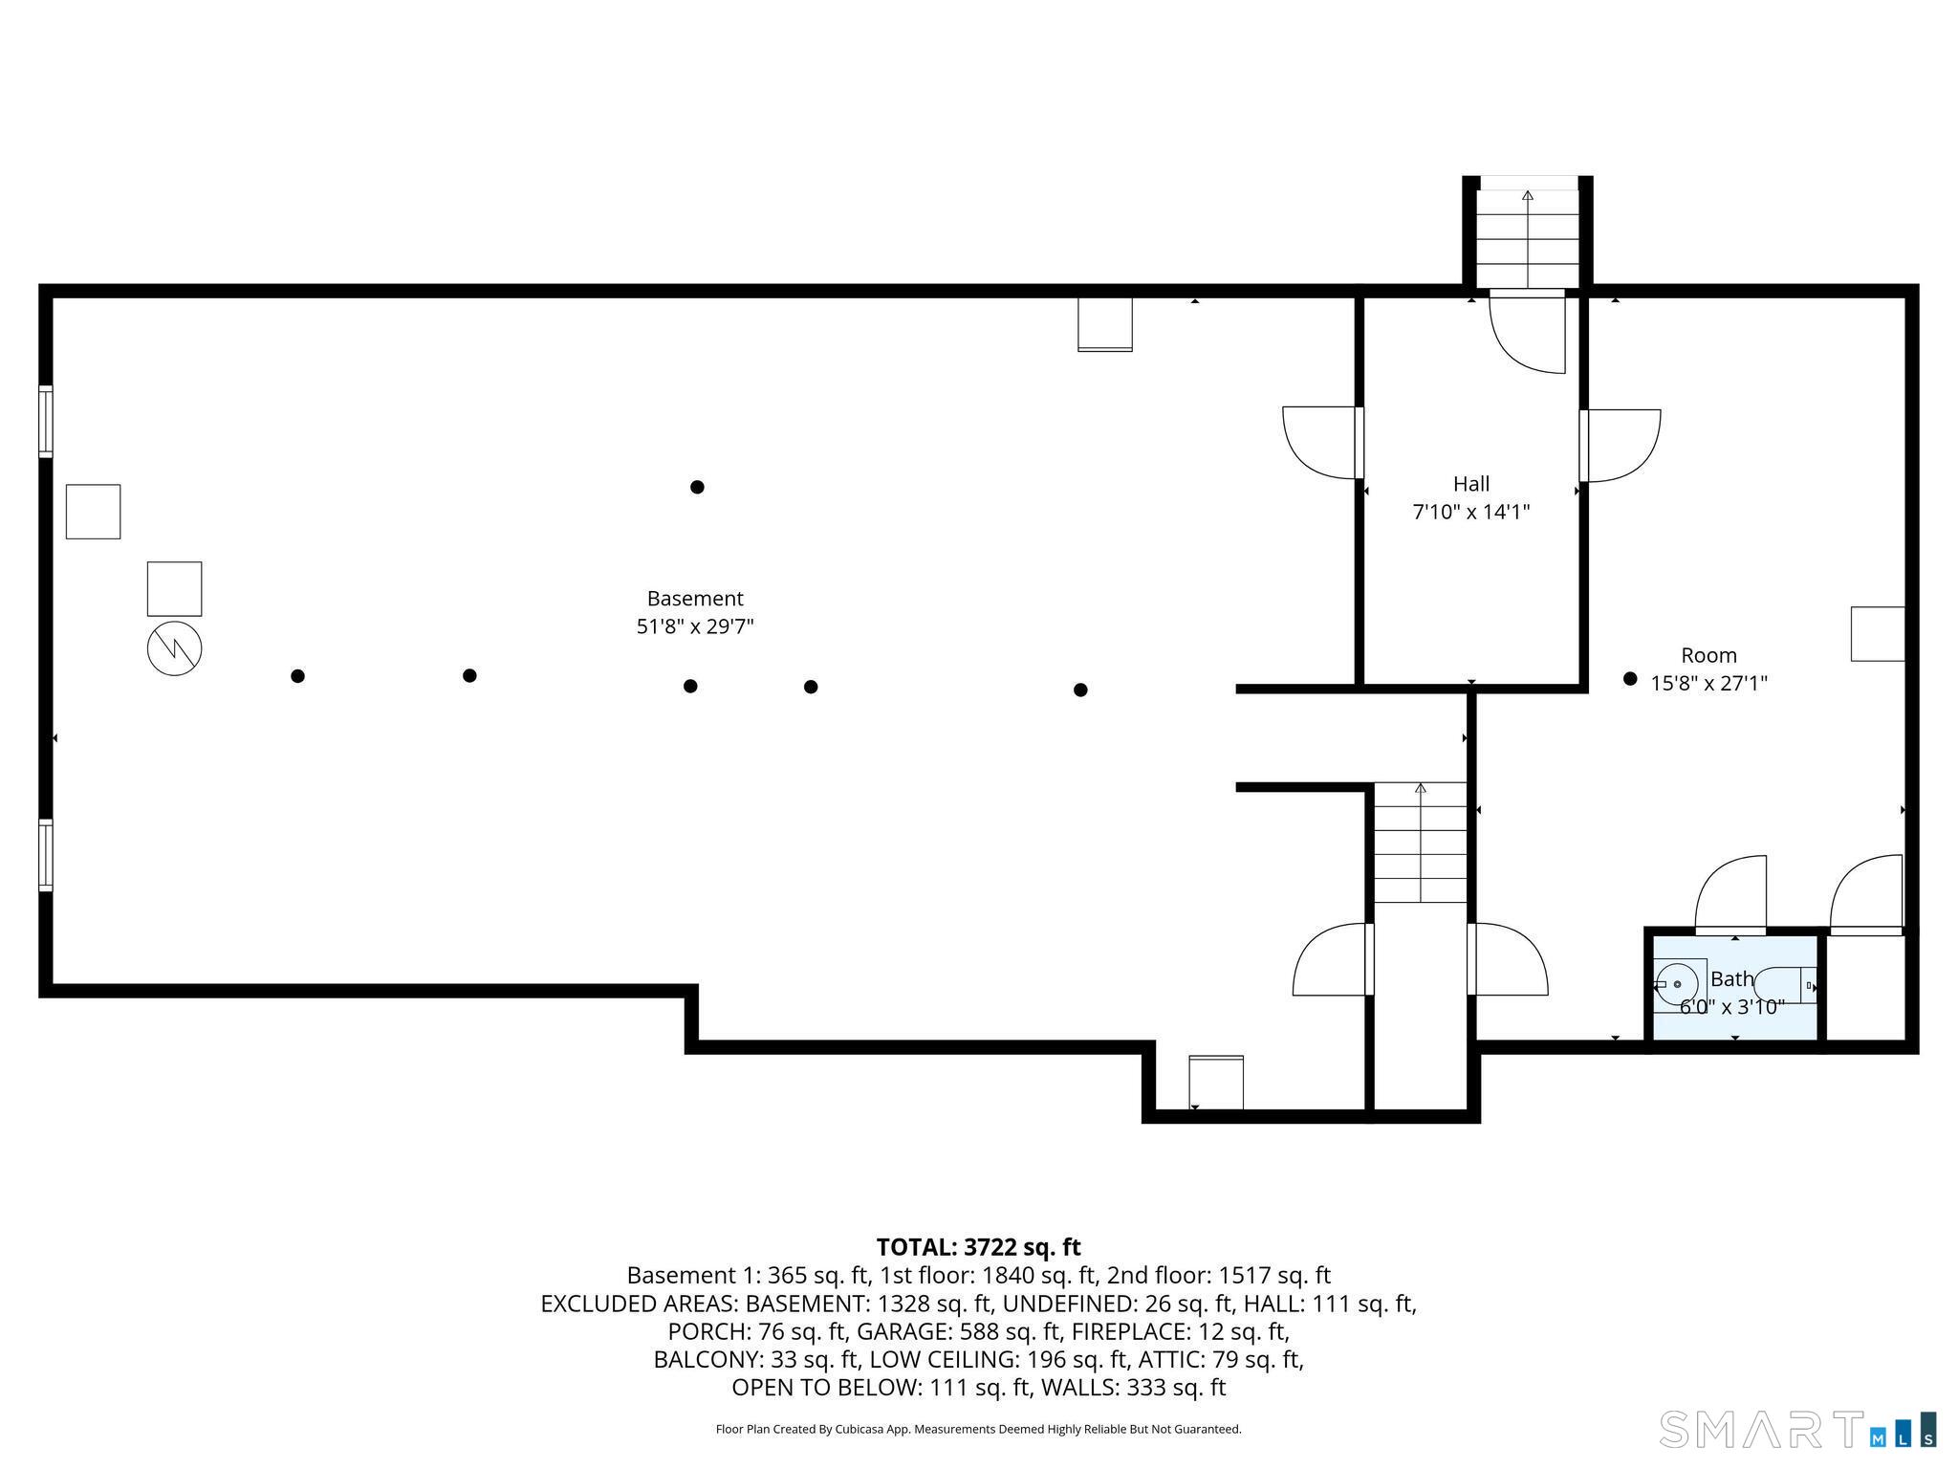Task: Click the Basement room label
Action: click(x=695, y=599)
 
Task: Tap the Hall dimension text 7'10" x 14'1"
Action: click(x=1471, y=513)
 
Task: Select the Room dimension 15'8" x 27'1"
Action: click(x=1709, y=684)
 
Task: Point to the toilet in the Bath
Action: click(x=1784, y=985)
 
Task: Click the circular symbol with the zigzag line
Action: click(x=175, y=649)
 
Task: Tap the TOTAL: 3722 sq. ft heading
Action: click(x=978, y=1247)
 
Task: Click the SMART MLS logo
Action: click(x=1797, y=1428)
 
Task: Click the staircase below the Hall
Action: click(x=1421, y=843)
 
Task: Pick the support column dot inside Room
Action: click(x=1630, y=679)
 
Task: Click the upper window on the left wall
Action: click(x=45, y=422)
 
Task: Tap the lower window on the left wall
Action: click(x=45, y=855)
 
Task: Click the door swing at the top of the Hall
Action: click(x=1528, y=331)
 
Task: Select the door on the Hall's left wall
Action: click(x=1322, y=443)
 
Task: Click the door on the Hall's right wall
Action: click(x=1620, y=446)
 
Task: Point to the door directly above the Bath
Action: click(x=1730, y=895)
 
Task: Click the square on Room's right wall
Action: click(x=1878, y=634)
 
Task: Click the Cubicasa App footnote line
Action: click(x=978, y=1430)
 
